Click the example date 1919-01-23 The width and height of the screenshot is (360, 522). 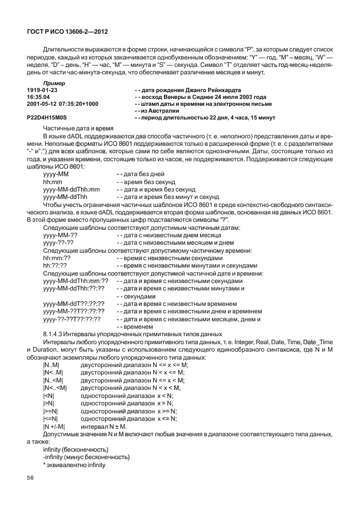point(42,90)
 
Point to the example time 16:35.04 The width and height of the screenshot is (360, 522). point(39,97)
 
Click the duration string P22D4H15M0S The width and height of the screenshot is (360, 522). point(47,117)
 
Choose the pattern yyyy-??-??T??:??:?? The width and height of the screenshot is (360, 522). point(72,319)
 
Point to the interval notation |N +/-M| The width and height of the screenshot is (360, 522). point(54,427)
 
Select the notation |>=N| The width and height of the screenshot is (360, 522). point(50,411)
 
